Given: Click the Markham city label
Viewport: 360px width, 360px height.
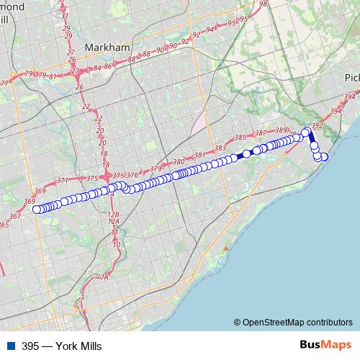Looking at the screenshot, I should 107,48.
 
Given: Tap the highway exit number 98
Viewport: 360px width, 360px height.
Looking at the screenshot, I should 263,4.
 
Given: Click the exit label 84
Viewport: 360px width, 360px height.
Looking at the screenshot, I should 97,68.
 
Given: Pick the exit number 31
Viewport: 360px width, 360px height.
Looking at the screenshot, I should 65,16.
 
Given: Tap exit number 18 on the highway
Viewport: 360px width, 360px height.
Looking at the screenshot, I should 104,154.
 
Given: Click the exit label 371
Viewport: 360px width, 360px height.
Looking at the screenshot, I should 63,181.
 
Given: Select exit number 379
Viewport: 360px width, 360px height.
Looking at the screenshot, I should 155,169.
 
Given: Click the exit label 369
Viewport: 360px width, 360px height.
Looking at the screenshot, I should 30,202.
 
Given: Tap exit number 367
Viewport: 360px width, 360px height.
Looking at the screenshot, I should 15,216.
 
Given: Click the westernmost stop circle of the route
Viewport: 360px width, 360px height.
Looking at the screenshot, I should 37,210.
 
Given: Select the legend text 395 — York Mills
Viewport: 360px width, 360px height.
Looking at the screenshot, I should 62,346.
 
